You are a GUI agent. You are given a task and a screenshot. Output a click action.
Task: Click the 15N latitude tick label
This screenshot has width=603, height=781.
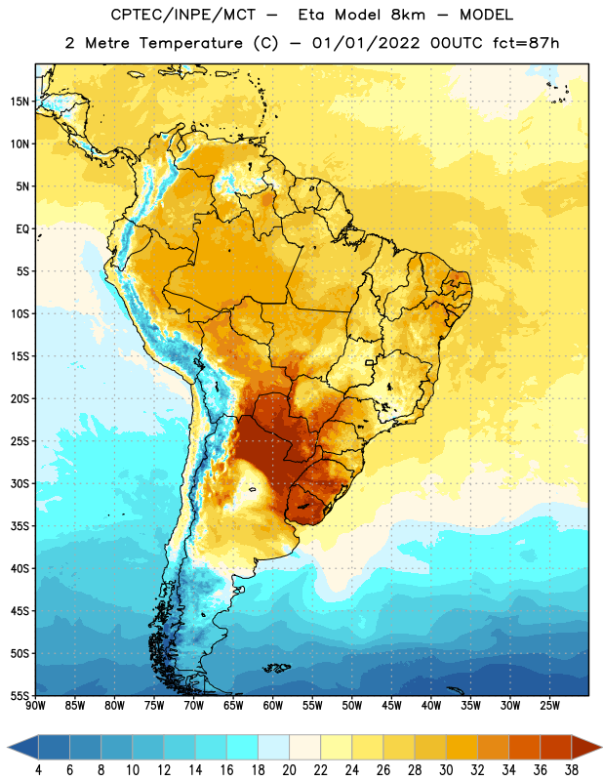pos(20,102)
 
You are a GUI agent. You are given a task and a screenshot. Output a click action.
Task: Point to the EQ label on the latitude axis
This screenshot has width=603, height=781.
pos(22,229)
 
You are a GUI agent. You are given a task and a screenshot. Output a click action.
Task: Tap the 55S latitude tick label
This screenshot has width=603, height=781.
pos(20,695)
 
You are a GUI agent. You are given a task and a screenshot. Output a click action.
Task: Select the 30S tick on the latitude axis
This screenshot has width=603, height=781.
pos(20,483)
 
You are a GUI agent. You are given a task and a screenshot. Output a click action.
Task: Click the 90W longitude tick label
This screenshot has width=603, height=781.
pos(35,706)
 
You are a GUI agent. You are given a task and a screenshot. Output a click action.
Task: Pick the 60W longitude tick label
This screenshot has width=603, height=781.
pos(273,706)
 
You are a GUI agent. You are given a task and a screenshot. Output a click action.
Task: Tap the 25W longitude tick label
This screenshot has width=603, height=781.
pos(549,706)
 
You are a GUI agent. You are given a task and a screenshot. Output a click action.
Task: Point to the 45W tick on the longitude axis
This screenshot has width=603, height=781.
pos(391,706)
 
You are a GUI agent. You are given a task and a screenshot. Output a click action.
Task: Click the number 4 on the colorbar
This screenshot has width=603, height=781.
pos(38,770)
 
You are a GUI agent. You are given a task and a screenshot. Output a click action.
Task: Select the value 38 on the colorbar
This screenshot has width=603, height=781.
pos(572,770)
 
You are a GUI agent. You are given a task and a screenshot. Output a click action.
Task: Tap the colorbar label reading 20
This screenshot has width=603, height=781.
pos(289,770)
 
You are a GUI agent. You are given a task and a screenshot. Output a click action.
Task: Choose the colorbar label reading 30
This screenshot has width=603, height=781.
pos(446,770)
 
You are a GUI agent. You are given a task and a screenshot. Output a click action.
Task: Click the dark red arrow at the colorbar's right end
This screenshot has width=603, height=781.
pos(585,747)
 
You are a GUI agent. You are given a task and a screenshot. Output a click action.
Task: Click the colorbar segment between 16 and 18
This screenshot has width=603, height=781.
pos(243,747)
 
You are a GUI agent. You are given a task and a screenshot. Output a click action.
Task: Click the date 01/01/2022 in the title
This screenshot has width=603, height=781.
pos(366,43)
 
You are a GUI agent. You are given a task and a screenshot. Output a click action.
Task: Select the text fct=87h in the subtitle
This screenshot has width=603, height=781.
pos(526,43)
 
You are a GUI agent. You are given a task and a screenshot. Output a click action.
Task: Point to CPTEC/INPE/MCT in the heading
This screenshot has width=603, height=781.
pos(182,15)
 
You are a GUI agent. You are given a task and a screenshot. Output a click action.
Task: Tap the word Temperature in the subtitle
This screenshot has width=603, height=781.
pos(190,43)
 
